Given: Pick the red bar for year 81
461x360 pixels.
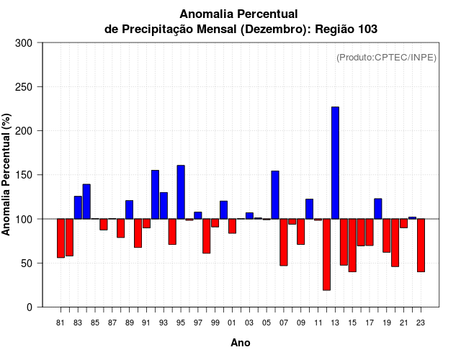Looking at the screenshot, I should [x=61, y=238].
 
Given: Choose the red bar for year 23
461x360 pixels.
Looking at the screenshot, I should [x=421, y=245].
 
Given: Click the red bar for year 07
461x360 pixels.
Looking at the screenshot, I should [x=284, y=242].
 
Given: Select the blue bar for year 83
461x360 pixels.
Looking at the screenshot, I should [x=78, y=207].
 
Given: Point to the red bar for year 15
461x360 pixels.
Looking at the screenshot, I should [x=352, y=245].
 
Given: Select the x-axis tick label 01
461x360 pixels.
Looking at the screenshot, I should [x=232, y=323].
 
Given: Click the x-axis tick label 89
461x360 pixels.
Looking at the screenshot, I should [x=129, y=323].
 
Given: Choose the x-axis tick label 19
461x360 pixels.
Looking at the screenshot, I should [x=386, y=323].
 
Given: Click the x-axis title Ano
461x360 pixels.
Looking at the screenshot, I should [x=241, y=343].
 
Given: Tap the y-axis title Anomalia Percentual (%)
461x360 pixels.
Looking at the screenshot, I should [x=7, y=175].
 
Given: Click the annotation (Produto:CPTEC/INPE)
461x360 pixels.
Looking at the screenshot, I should [x=386, y=58].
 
